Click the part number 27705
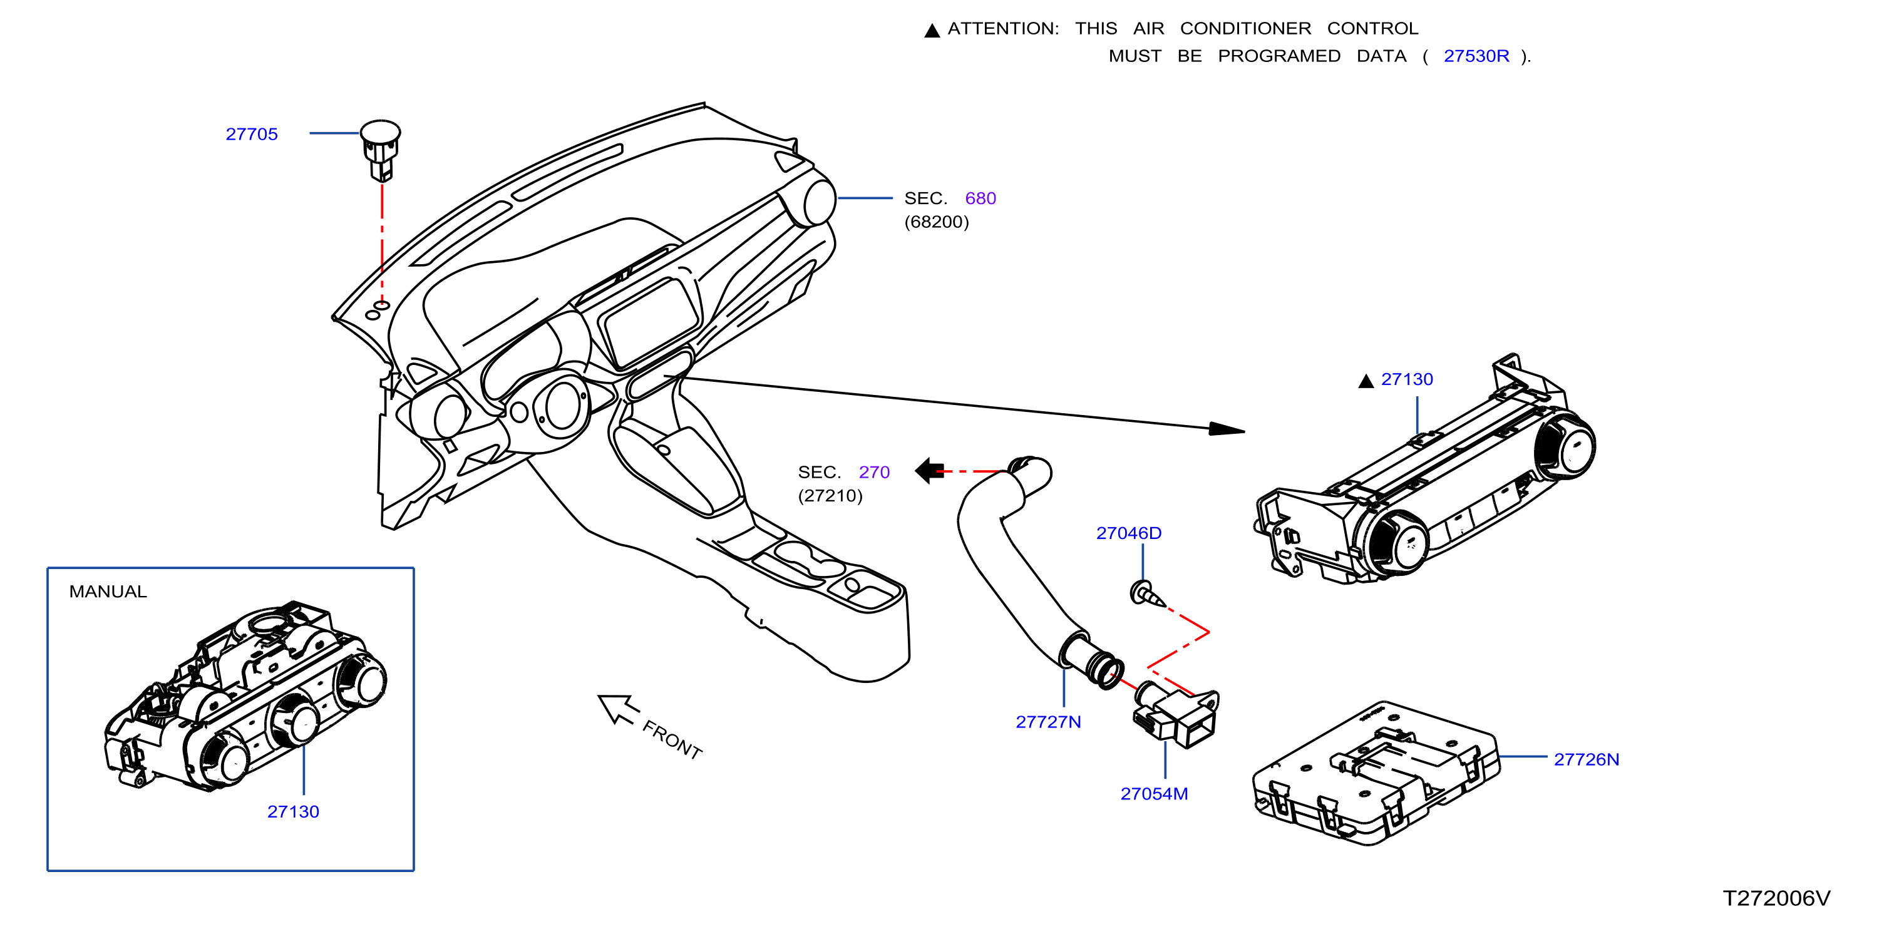click(251, 135)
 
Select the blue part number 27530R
click(1476, 56)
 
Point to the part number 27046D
click(1129, 533)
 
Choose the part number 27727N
click(1048, 722)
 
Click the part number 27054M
click(1154, 794)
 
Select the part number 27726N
click(1586, 760)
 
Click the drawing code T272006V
click(1776, 898)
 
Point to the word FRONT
click(672, 740)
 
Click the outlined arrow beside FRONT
click(618, 709)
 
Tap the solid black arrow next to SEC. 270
click(929, 470)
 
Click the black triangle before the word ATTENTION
click(932, 30)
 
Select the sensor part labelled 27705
click(381, 150)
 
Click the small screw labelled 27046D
click(1146, 593)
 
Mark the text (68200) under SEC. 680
click(937, 222)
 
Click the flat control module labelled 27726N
click(1376, 773)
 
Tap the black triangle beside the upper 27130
click(1366, 381)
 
